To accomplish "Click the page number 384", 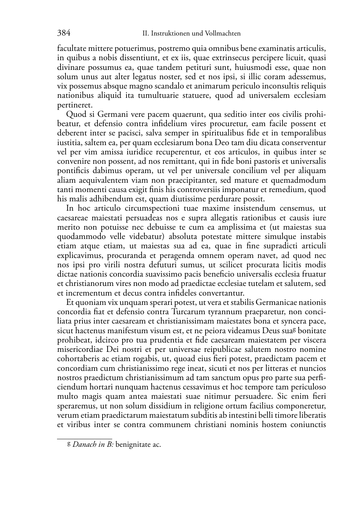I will (63, 33).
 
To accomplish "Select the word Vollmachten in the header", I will (223, 34).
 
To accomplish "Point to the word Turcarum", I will (186, 312).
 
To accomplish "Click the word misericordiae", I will (79, 350).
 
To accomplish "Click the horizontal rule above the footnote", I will (85, 438).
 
